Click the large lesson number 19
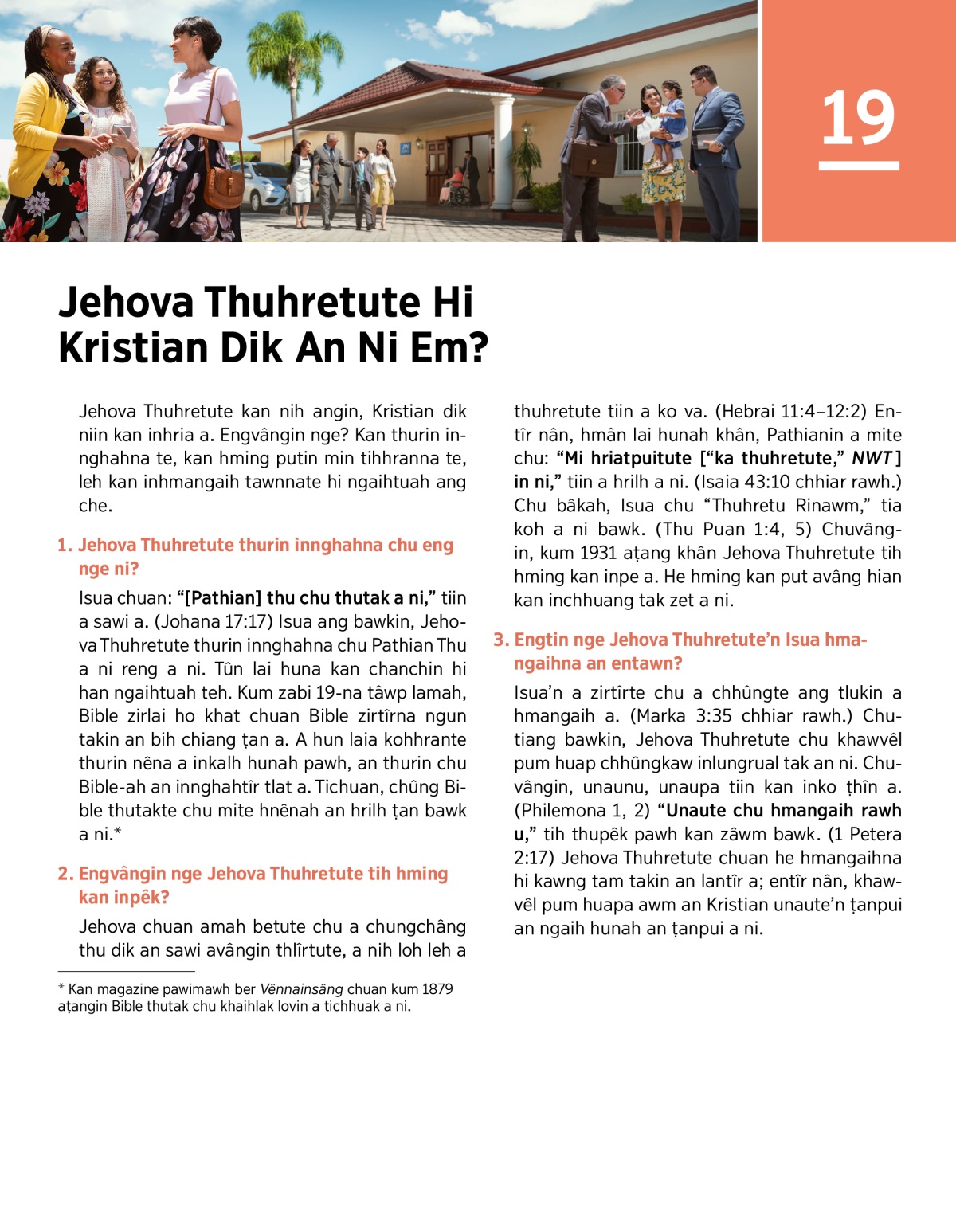coord(858,118)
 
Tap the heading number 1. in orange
coord(65,546)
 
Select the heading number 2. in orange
coord(66,875)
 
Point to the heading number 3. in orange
coord(501,640)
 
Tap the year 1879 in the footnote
coord(437,989)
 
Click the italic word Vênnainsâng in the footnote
coord(301,989)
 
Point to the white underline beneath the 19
coord(859,166)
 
